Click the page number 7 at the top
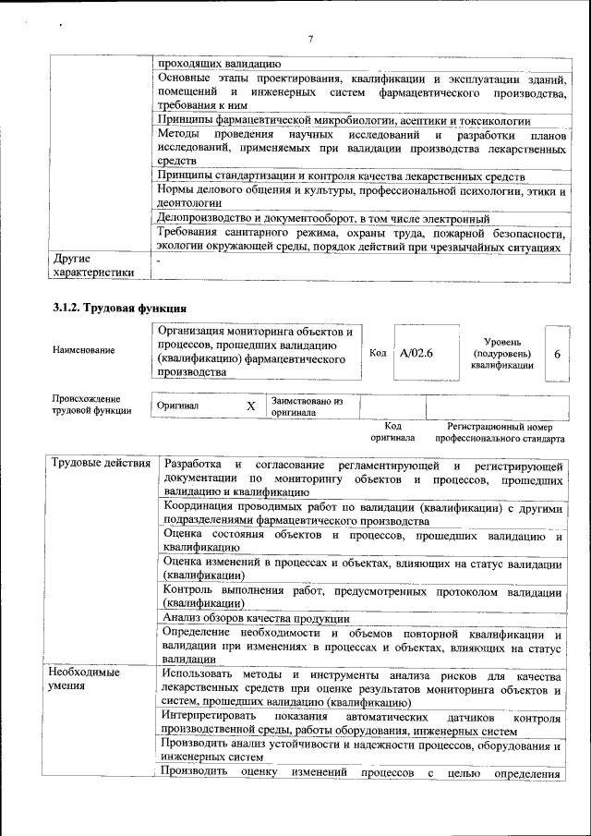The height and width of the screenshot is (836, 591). click(x=310, y=39)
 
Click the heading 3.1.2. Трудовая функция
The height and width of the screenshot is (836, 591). click(x=121, y=308)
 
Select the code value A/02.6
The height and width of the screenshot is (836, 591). click(x=417, y=353)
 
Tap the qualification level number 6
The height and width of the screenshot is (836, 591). click(x=557, y=354)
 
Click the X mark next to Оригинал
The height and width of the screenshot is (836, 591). click(x=250, y=406)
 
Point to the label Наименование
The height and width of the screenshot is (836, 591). click(x=84, y=350)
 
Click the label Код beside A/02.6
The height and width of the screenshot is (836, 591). click(x=378, y=353)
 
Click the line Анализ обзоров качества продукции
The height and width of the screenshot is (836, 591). click(x=256, y=618)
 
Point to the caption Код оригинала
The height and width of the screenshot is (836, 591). click(x=392, y=431)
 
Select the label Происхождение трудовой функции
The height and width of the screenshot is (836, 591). click(x=91, y=405)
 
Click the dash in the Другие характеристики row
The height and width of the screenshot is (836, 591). click(x=160, y=261)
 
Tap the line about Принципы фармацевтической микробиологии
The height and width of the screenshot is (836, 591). click(x=344, y=121)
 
